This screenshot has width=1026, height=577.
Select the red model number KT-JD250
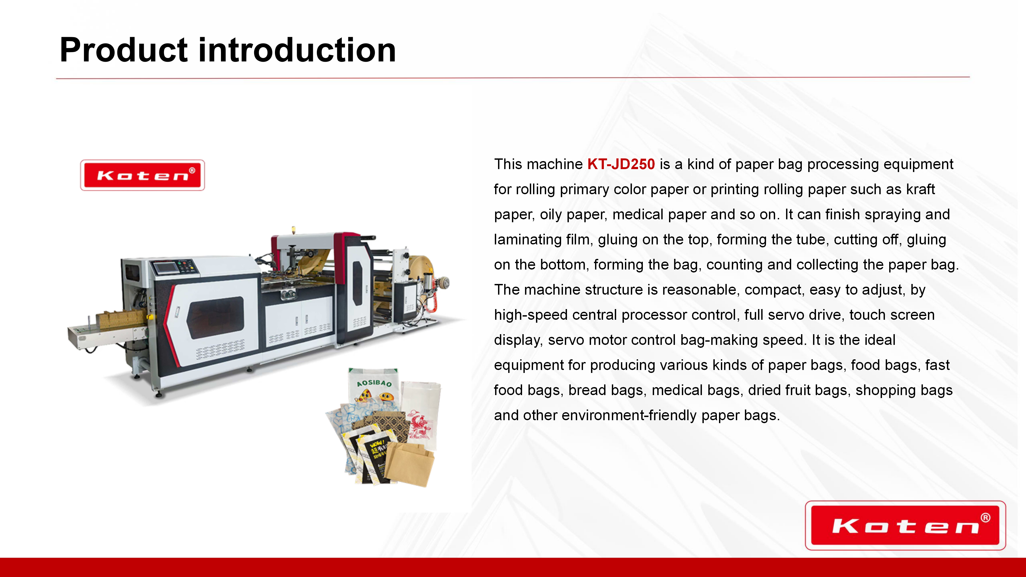click(621, 164)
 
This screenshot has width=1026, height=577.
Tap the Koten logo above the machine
click(143, 175)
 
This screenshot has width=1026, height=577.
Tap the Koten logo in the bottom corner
click(905, 526)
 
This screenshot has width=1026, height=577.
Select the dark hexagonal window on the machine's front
click(215, 317)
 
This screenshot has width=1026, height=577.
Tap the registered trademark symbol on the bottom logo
click(985, 518)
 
